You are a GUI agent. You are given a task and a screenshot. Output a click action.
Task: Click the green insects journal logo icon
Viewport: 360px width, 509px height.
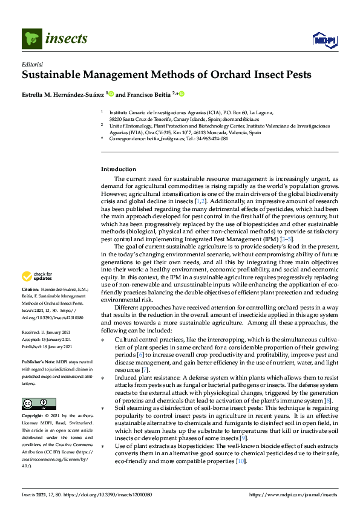(x=31, y=39)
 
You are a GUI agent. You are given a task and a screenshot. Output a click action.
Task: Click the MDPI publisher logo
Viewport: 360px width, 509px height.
(x=323, y=40)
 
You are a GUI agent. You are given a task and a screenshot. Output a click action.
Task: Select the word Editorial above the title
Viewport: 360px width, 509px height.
(x=33, y=64)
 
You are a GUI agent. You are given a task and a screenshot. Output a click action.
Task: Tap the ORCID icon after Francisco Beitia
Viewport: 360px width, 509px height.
(x=181, y=94)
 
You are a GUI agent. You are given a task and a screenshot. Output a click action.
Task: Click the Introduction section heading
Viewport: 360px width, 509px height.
(x=118, y=169)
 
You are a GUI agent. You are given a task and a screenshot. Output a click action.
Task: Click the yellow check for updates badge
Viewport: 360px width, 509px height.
(x=35, y=276)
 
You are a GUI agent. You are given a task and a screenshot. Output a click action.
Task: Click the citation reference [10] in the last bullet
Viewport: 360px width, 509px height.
(x=241, y=461)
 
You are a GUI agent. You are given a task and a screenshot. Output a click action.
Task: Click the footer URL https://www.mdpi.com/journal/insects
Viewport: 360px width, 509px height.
(x=295, y=495)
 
